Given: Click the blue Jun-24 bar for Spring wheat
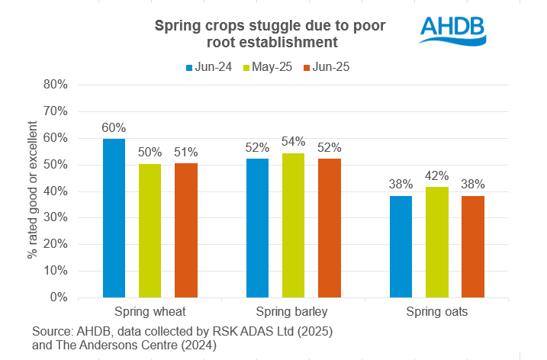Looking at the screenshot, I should tap(114, 217).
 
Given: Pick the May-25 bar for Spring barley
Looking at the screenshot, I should tap(293, 225).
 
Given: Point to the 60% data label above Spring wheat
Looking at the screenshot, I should tap(114, 127).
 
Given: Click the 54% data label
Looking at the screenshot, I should tap(293, 142).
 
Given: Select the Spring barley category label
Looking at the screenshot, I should tap(293, 312).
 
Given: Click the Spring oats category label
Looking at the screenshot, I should tap(436, 312).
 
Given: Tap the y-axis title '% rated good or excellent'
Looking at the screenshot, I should tap(33, 191).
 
